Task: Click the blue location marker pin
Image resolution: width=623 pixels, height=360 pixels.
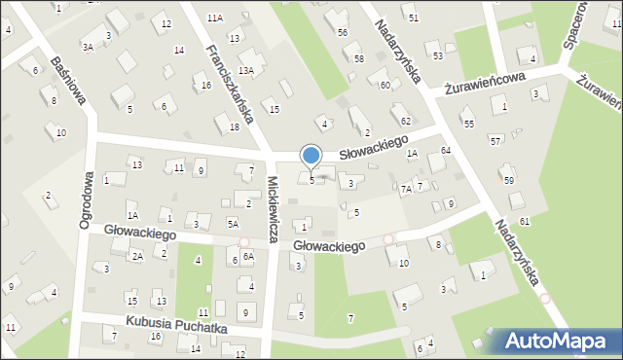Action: pyautogui.click(x=311, y=157)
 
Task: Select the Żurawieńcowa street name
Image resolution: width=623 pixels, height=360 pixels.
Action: pyautogui.click(x=485, y=83)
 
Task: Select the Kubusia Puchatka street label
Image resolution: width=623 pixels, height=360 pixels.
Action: pyautogui.click(x=175, y=327)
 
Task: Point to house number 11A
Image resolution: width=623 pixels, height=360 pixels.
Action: pyautogui.click(x=215, y=18)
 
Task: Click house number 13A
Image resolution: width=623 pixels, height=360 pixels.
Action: pyautogui.click(x=246, y=70)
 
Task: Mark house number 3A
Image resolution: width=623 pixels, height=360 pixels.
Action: pyautogui.click(x=88, y=47)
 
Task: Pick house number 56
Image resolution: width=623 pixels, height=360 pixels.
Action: pyautogui.click(x=342, y=32)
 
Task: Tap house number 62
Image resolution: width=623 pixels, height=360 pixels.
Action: pyautogui.click(x=405, y=120)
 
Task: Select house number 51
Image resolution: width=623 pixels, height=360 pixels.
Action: pyautogui.click(x=414, y=18)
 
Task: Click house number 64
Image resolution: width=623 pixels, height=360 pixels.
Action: pyautogui.click(x=445, y=150)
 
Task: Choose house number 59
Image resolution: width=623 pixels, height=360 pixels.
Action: pyautogui.click(x=507, y=180)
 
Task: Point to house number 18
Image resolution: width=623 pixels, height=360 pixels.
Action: pyautogui.click(x=234, y=126)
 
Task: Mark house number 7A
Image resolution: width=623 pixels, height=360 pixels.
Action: pyautogui.click(x=405, y=189)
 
